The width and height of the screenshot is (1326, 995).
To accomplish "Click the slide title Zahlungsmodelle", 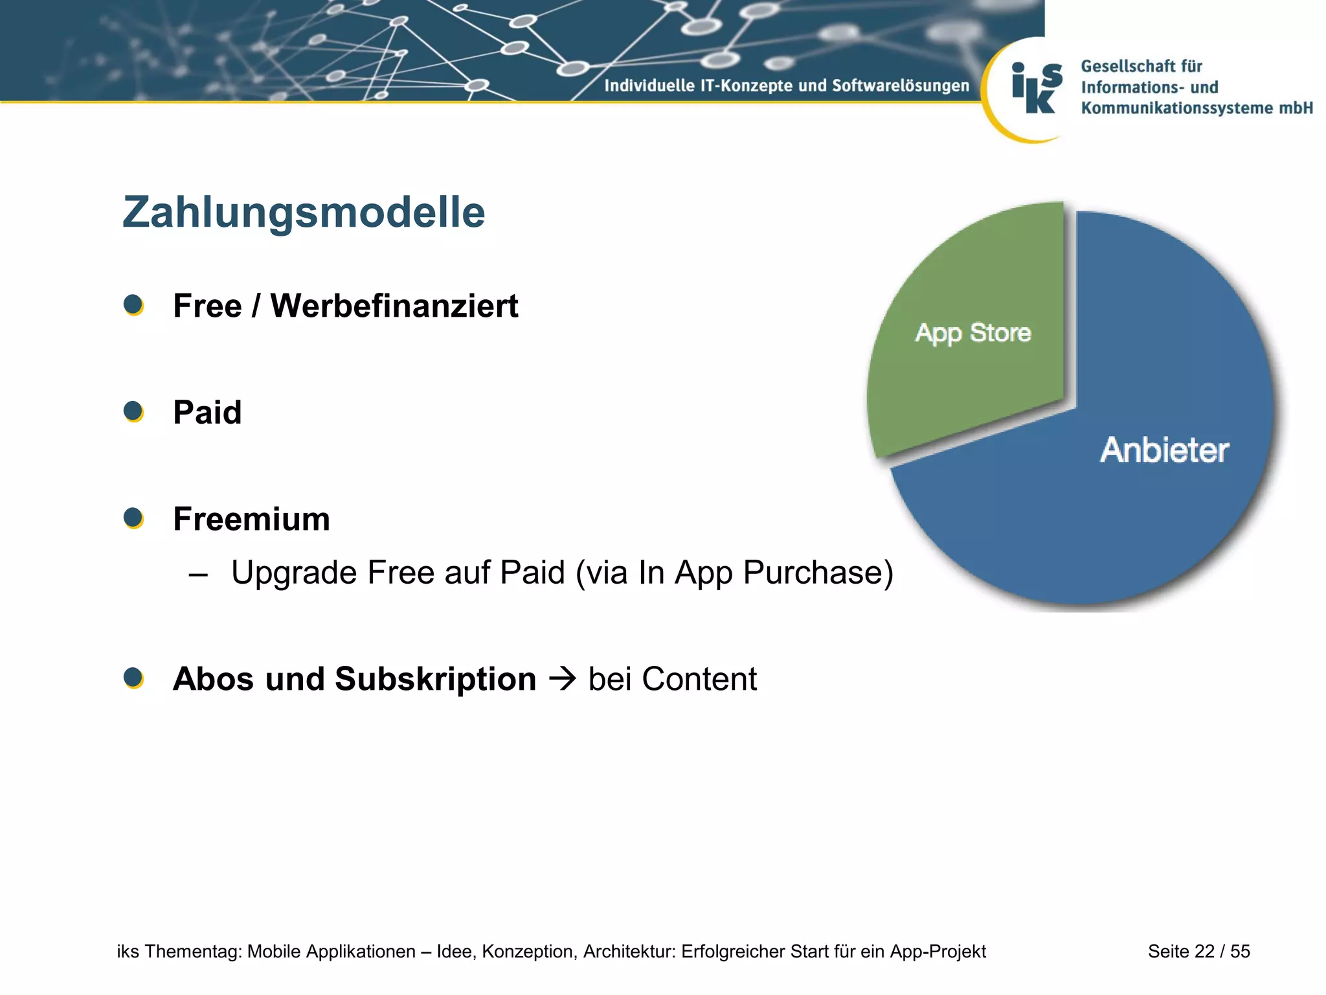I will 304,212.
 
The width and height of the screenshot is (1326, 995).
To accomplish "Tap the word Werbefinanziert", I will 394,306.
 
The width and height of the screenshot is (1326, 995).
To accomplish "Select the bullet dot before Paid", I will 133,411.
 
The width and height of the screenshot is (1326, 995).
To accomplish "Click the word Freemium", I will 251,519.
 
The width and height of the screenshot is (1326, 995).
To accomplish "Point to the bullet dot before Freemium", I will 133,518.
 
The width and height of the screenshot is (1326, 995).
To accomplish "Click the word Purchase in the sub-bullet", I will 818,573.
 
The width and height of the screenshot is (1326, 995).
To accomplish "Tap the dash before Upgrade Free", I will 198,574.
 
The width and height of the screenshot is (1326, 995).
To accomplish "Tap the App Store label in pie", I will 972,333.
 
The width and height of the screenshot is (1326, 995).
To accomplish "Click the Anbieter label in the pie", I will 1164,450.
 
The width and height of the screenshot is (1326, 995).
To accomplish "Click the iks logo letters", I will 1037,89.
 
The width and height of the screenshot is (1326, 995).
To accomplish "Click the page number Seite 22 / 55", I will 1198,951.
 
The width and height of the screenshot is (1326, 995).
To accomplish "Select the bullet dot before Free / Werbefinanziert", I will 133,304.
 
